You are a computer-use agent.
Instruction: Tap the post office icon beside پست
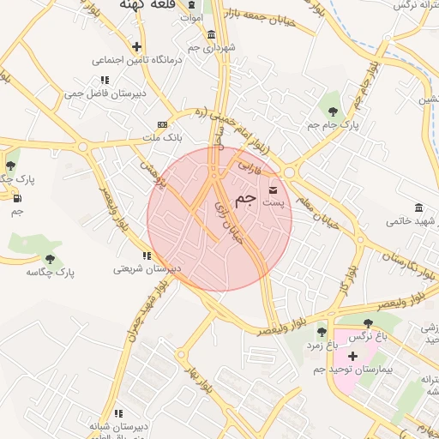click(274, 189)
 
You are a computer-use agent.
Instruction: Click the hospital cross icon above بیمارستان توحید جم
click(352, 354)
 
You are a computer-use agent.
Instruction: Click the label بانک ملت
click(162, 138)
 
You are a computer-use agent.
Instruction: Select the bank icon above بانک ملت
click(163, 125)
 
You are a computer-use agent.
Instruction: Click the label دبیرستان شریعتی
click(147, 269)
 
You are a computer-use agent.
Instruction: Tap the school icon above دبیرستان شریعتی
click(147, 256)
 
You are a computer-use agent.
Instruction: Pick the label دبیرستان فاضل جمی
click(105, 93)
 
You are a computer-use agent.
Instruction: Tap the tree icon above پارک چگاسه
click(51, 258)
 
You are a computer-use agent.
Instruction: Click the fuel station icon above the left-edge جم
click(17, 199)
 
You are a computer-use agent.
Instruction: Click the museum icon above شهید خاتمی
click(418, 208)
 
